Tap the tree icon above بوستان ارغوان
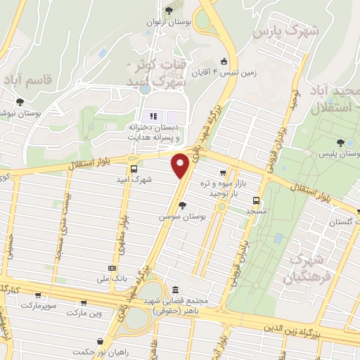(x=169, y=11)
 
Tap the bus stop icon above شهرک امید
(x=134, y=169)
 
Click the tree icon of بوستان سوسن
(x=183, y=205)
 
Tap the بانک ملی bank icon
(x=112, y=269)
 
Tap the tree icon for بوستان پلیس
(x=340, y=142)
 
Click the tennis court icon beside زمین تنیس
(x=224, y=60)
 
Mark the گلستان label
(x=343, y=222)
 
